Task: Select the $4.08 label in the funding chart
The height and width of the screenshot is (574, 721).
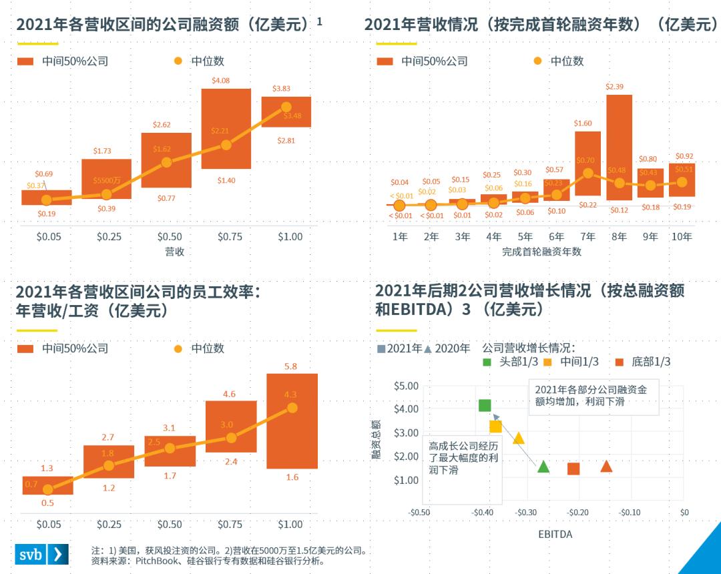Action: point(221,81)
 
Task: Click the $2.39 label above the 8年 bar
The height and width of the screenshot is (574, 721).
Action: point(614,87)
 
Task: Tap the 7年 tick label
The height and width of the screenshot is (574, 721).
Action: point(587,237)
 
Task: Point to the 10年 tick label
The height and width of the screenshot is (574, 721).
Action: point(682,237)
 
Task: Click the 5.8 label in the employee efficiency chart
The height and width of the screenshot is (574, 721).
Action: point(290,366)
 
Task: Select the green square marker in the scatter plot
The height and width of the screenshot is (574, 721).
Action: point(485,405)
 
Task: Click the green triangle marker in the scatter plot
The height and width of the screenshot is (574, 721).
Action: point(543,467)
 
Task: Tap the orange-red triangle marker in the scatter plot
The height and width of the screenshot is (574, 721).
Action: point(606,466)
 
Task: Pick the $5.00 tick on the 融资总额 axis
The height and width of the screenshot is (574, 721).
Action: point(406,386)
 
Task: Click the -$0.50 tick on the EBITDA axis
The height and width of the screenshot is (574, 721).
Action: point(419,513)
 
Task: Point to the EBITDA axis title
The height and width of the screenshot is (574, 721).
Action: point(555,535)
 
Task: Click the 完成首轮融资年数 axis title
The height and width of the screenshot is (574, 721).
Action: point(542,252)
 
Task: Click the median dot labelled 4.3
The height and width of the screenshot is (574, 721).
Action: point(292,408)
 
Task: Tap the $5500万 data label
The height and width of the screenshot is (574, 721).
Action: point(107,180)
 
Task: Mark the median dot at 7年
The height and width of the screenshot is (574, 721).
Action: point(587,173)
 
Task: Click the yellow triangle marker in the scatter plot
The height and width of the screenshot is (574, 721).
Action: point(519,438)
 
